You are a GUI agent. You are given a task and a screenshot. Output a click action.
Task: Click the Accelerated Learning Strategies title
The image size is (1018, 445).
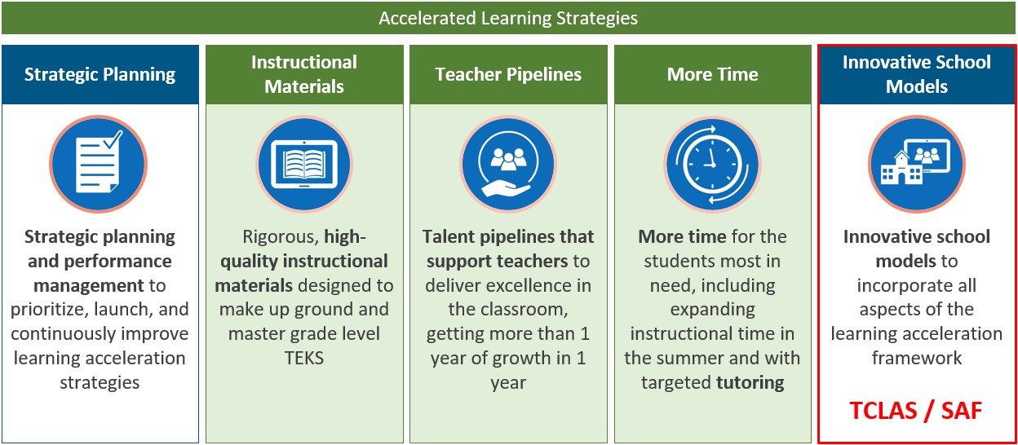[x=508, y=18]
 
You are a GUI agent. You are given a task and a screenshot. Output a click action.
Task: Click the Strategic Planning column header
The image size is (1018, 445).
[x=100, y=74]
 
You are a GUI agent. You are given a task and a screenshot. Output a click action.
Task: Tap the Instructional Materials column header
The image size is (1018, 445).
[x=304, y=74]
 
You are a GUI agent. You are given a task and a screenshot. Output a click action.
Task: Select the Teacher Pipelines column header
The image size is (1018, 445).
[x=508, y=74]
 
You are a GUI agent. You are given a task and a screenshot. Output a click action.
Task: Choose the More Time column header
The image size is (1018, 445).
[x=712, y=74]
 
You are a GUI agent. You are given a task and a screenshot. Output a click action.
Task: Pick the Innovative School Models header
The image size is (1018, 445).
[x=917, y=74]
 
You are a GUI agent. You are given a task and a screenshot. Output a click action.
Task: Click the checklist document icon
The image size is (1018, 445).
[x=98, y=164]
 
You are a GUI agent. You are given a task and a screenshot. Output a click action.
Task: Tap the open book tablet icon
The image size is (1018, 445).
[x=304, y=164]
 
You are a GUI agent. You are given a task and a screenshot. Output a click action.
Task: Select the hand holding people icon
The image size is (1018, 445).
[x=508, y=164]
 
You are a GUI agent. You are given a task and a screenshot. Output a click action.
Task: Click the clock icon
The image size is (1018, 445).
[x=712, y=164]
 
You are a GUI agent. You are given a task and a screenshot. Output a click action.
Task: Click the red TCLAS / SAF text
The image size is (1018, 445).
[x=916, y=411]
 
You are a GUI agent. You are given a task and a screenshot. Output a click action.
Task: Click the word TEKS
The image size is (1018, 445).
[x=304, y=359]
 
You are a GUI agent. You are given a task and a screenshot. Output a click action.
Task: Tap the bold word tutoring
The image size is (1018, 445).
[x=750, y=383]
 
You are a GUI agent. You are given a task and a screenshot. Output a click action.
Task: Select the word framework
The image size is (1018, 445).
[x=917, y=359]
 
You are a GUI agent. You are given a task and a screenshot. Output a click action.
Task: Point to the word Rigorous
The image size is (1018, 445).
[x=281, y=237]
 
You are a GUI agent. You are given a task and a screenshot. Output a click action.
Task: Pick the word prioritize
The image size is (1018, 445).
[x=49, y=310]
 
